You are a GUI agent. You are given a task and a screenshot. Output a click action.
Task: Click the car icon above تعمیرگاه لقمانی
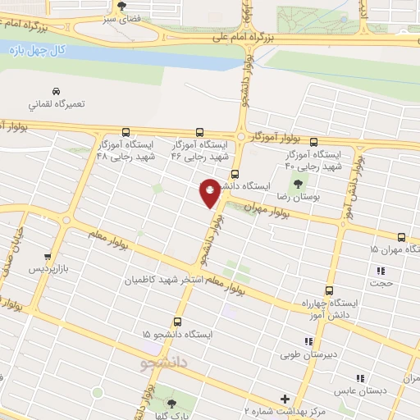[x=55, y=91]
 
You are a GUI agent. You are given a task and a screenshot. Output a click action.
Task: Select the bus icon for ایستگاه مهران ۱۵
[x=401, y=235]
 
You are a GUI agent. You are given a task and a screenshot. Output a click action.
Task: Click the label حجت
[x=382, y=284]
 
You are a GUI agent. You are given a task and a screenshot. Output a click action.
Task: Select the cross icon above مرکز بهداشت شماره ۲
[x=285, y=398]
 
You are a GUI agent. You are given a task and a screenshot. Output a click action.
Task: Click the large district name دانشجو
[x=165, y=361]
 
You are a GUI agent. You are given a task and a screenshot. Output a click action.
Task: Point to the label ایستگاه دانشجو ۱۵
[x=176, y=335]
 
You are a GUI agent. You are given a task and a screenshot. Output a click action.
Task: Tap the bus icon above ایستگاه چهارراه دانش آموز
[x=329, y=290]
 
